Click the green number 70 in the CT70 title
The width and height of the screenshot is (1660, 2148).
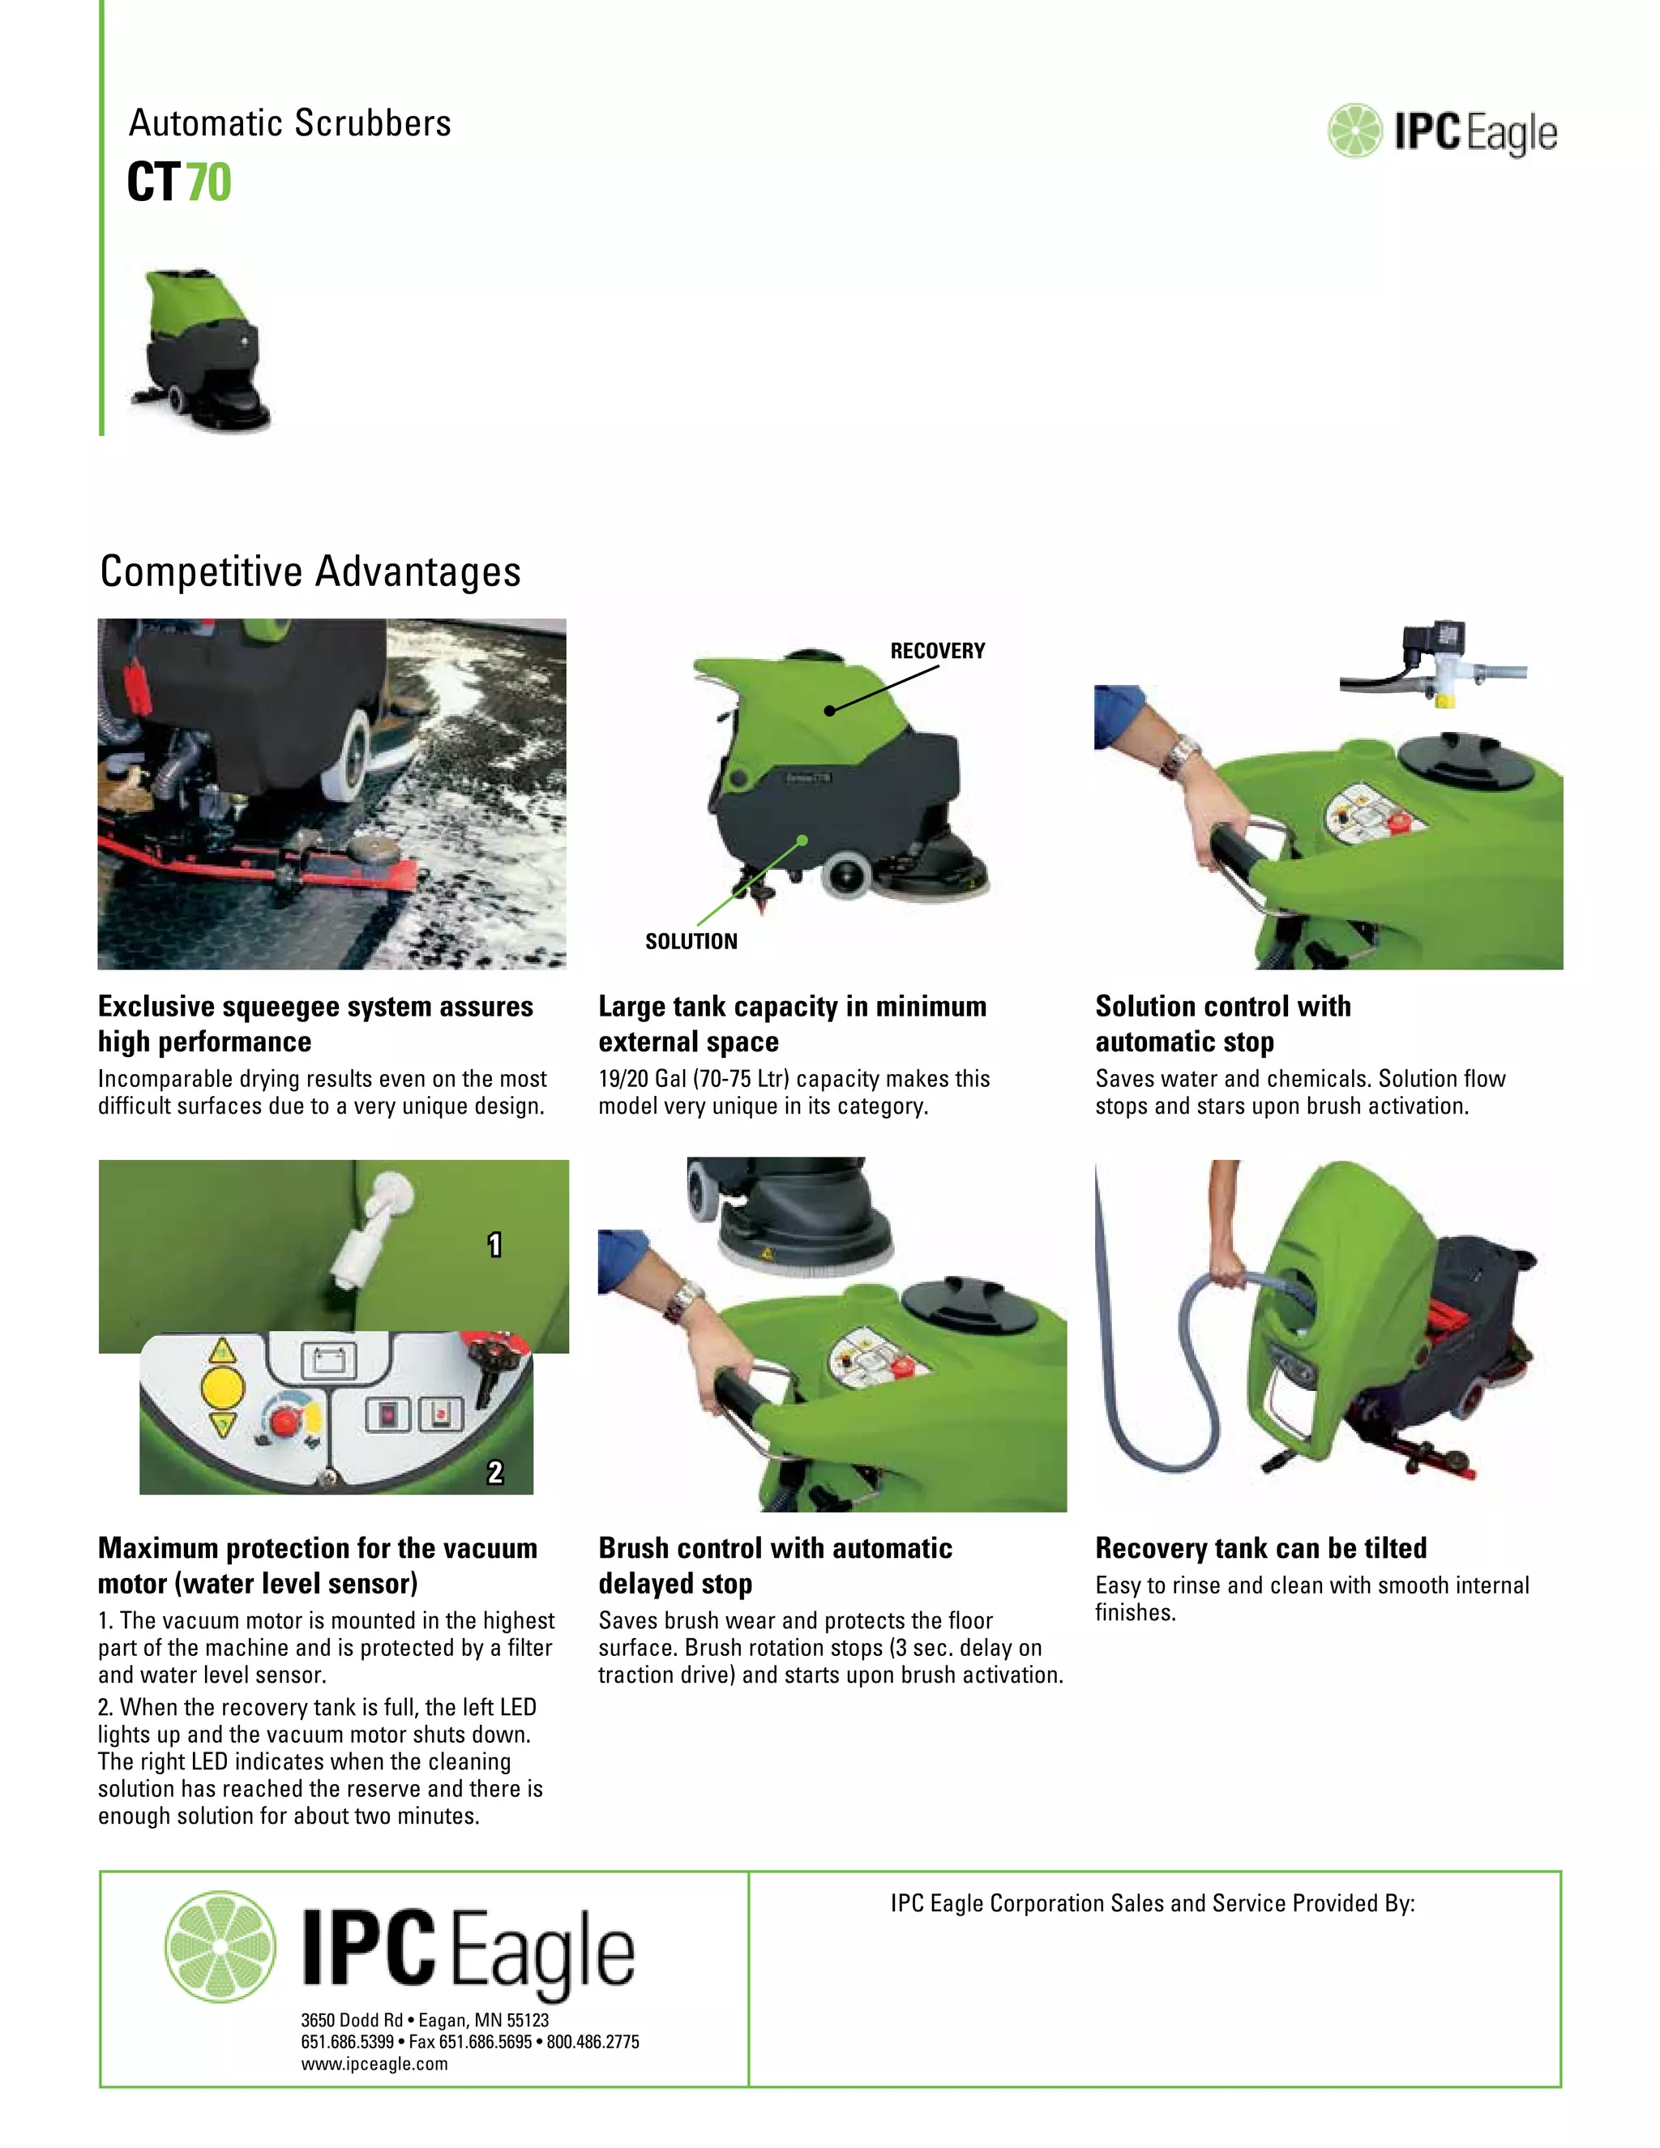208,183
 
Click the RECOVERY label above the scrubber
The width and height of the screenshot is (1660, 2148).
937,651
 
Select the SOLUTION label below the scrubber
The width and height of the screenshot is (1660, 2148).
691,941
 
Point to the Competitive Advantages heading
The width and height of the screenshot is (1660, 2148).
310,571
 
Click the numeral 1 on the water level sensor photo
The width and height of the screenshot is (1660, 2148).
494,1245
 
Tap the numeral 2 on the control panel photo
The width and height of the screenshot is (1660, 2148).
494,1471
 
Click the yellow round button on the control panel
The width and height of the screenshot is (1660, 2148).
222,1388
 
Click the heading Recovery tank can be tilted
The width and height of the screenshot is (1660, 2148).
1260,1548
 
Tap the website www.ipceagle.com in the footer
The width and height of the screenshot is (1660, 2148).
374,2064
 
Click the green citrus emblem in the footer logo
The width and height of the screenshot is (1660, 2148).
220,1946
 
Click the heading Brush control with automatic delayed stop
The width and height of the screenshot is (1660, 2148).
775,1566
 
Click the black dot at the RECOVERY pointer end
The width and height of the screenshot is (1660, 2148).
829,710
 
